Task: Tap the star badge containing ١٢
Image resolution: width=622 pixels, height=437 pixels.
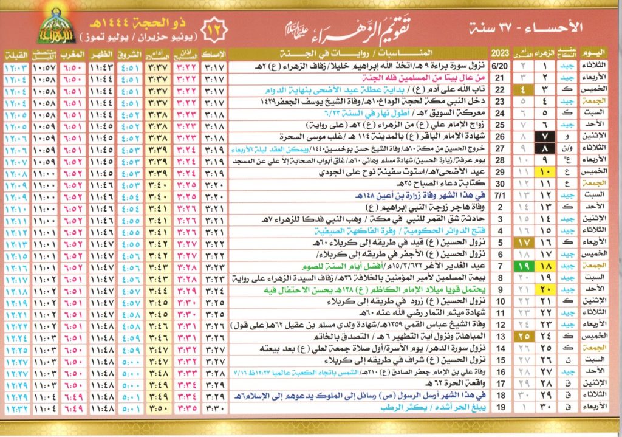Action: [x=216, y=27]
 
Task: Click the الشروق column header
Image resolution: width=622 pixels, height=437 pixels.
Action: [x=131, y=52]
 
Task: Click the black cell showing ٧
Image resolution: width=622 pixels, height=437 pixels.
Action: [x=545, y=136]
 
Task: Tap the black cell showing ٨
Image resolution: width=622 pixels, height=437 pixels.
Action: [x=545, y=148]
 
